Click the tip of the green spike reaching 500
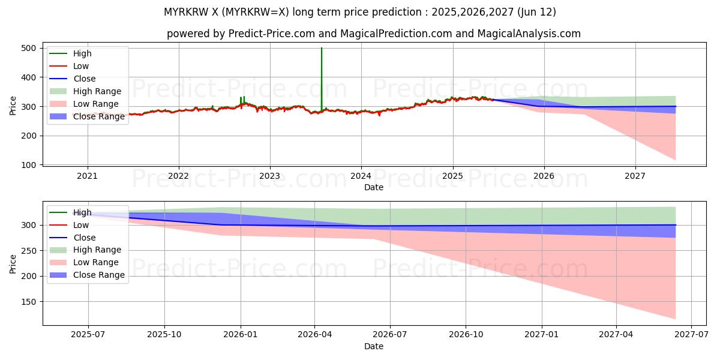tap(322, 49)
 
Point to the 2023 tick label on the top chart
tap(269, 176)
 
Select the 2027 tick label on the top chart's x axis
tap(635, 176)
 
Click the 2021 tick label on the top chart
tap(88, 176)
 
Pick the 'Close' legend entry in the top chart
tap(84, 79)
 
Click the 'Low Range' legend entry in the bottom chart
tap(95, 262)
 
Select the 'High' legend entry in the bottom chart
tap(82, 212)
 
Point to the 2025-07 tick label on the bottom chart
tap(88, 335)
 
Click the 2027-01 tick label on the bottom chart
tap(542, 335)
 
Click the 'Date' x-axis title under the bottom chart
tap(374, 346)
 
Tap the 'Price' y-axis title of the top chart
tap(13, 105)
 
